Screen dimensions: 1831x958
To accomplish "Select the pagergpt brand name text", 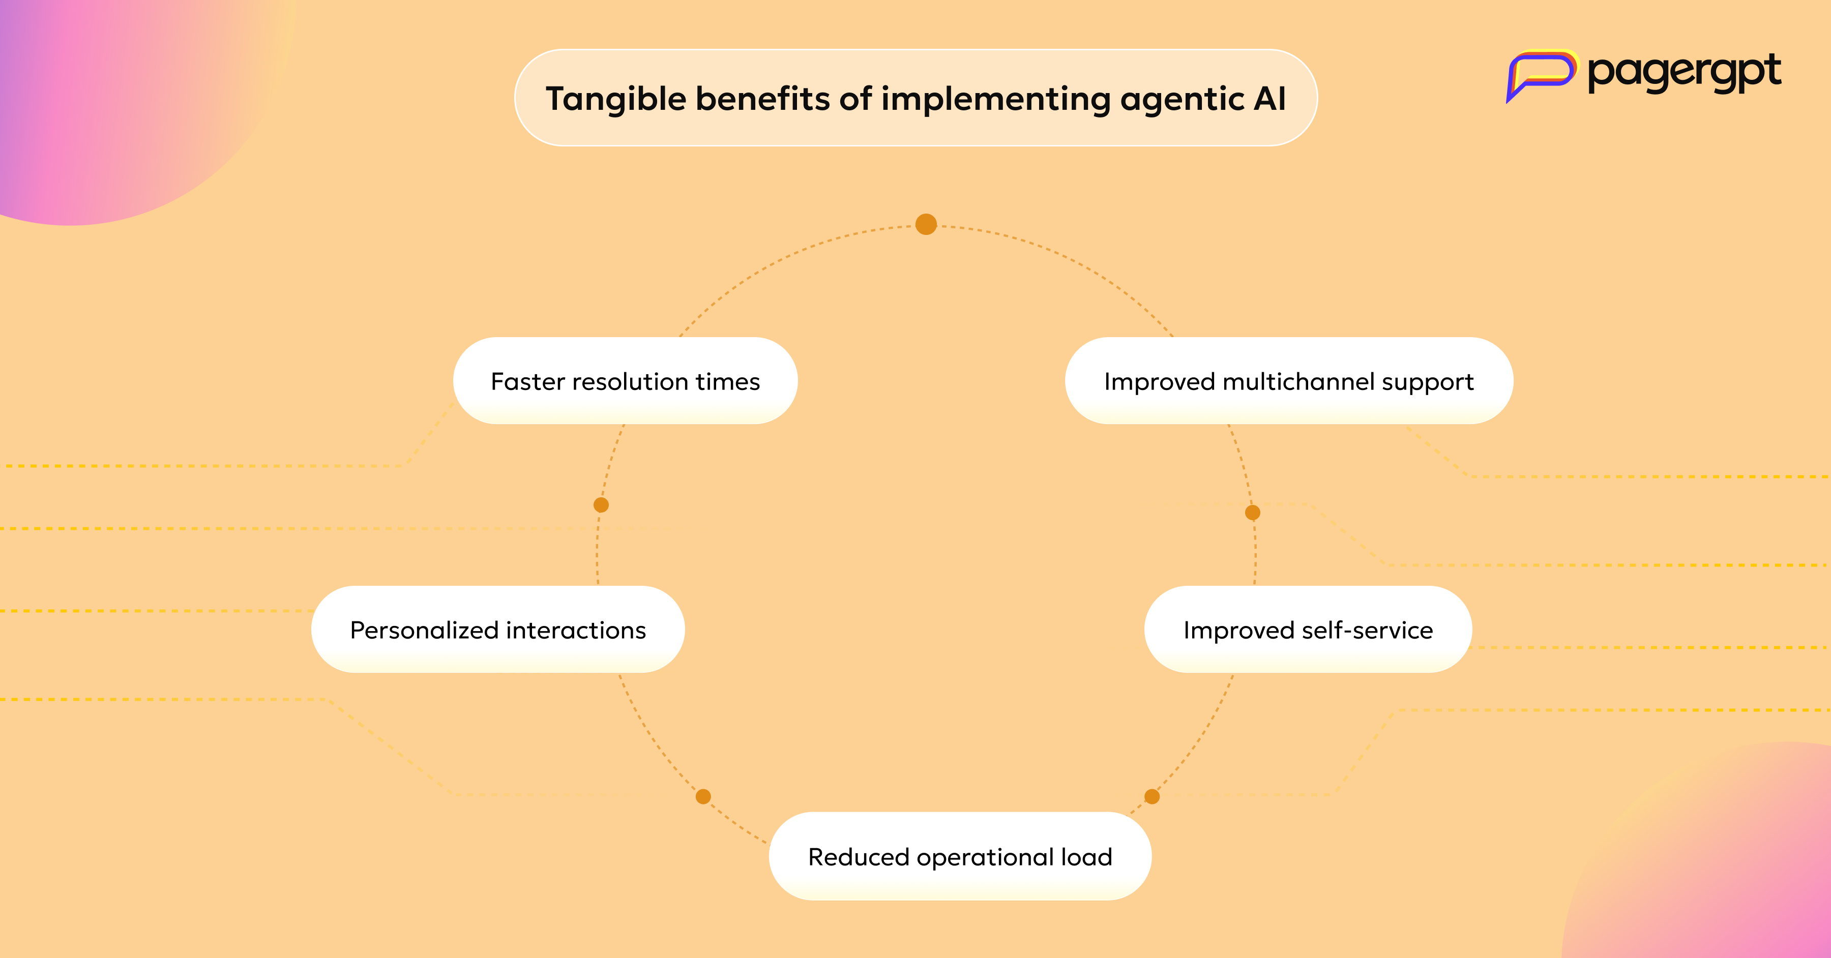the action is click(1684, 73).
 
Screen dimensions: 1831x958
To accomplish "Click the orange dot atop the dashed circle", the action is click(926, 225).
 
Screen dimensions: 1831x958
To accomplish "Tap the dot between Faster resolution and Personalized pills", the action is click(601, 505).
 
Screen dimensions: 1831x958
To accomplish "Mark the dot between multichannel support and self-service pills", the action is click(1253, 513).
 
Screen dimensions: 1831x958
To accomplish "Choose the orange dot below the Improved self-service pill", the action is click(1152, 797).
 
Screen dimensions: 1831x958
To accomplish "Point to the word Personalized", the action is click(424, 631).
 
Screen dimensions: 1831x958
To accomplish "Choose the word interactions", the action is click(576, 631).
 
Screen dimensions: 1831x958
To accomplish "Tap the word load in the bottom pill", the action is click(1087, 857).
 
